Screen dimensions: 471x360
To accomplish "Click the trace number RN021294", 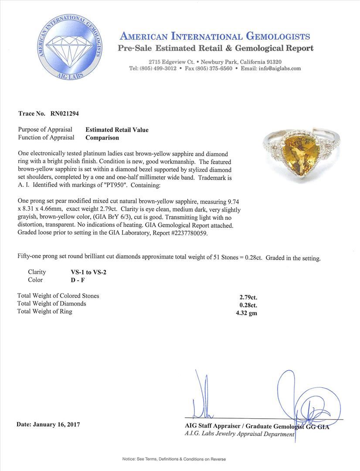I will pyautogui.click(x=65, y=113).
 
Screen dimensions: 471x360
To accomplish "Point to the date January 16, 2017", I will pyautogui.click(x=48, y=424).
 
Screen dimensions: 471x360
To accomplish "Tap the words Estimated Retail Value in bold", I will pyautogui.click(x=117, y=130).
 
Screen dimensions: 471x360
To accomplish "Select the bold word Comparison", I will pyautogui.click(x=102, y=137).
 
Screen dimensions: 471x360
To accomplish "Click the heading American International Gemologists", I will pyautogui.click(x=214, y=36).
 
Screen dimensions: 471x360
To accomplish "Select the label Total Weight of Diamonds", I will pyautogui.click(x=51, y=304).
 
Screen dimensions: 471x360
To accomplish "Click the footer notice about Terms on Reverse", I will pyautogui.click(x=180, y=459).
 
